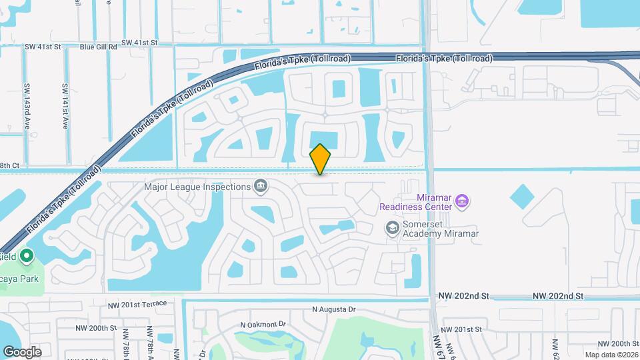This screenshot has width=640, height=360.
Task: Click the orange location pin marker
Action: pyautogui.click(x=321, y=159)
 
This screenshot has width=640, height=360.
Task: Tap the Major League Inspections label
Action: pyautogui.click(x=197, y=187)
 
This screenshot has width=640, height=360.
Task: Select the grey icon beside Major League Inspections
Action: pyautogui.click(x=261, y=187)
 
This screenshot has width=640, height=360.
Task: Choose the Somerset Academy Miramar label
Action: pyautogui.click(x=440, y=229)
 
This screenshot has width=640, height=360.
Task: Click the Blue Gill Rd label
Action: pyautogui.click(x=98, y=47)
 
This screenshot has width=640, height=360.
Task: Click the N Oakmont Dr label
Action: pyautogui.click(x=263, y=325)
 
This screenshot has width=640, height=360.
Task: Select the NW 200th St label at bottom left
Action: pyautogui.click(x=96, y=328)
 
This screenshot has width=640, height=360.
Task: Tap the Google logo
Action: pyautogui.click(x=22, y=351)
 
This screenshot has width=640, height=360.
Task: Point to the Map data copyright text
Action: pyautogui.click(x=612, y=355)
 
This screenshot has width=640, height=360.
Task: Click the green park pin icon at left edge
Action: pyautogui.click(x=27, y=255)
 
